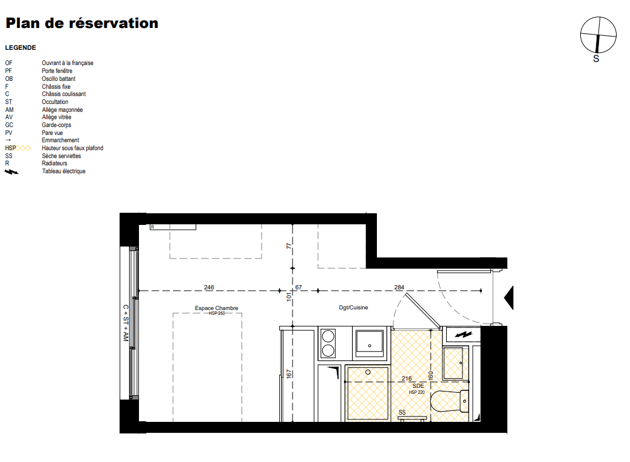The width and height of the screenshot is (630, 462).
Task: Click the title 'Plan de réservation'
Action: tap(82, 23)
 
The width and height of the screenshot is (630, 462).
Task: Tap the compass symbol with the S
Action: tap(598, 35)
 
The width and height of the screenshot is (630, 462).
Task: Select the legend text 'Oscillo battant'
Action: tap(59, 79)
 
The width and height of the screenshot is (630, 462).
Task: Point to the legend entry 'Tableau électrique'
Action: tap(64, 171)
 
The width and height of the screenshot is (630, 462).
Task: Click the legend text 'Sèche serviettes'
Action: tap(61, 156)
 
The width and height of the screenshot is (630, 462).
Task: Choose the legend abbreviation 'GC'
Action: tap(9, 125)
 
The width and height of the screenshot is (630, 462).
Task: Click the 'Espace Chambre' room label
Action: tap(217, 308)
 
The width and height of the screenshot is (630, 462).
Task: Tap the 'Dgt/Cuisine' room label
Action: tap(354, 308)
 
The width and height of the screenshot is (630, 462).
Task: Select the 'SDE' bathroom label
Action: tap(418, 385)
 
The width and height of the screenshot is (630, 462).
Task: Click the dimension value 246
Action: tap(209, 288)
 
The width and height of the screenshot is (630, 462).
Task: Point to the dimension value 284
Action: tap(399, 288)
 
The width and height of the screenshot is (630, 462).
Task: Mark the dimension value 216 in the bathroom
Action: tap(407, 378)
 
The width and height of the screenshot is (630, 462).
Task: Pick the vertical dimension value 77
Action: tap(288, 246)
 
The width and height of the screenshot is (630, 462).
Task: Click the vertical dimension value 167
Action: tap(288, 374)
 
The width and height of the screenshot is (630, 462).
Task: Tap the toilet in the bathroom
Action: tap(449, 401)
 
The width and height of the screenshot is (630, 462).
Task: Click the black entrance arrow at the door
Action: tap(509, 298)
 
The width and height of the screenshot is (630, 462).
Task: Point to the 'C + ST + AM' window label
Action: tap(126, 323)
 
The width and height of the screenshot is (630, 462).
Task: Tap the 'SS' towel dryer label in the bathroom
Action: tap(402, 413)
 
